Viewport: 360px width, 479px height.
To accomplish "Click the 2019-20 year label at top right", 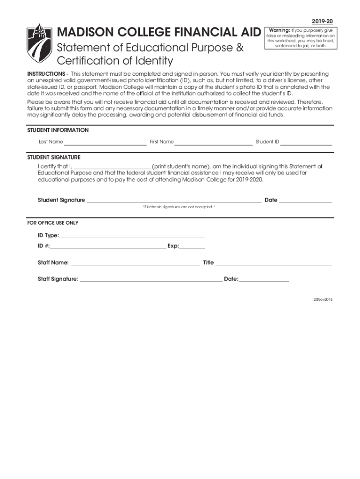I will tap(323, 22).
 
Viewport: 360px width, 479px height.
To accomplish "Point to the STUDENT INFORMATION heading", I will tap(58, 130).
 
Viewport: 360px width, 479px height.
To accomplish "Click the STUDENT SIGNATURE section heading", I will tap(54, 157).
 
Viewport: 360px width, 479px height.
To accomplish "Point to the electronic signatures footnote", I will tap(179, 207).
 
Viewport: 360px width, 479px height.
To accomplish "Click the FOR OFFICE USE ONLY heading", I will tap(53, 223).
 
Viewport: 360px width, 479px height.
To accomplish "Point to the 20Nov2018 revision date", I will tap(323, 299).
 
